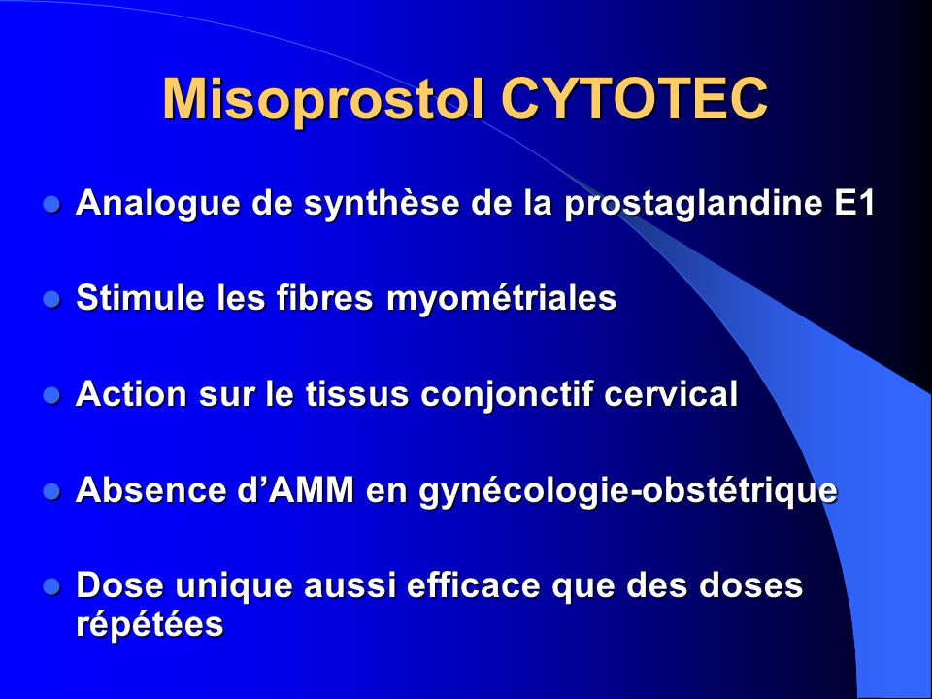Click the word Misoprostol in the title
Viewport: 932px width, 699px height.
(x=322, y=100)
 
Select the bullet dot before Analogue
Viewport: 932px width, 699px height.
(x=52, y=205)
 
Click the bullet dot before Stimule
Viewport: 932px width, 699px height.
(x=52, y=299)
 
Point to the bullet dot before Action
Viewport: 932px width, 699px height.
(x=52, y=395)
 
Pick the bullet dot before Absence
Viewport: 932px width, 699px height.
(x=52, y=491)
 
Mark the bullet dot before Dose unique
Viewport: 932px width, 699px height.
(x=52, y=586)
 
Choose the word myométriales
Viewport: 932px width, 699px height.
(x=502, y=299)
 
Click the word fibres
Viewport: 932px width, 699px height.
(x=324, y=297)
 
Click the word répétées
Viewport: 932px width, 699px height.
(x=150, y=625)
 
